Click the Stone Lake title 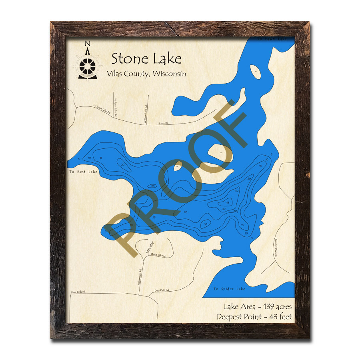click(146, 59)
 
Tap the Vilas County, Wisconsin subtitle click(146, 74)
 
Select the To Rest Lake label click(83, 172)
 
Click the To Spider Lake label click(229, 289)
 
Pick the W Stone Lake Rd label click(101, 109)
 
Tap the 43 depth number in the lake click(228, 202)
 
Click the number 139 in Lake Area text click(260, 307)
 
